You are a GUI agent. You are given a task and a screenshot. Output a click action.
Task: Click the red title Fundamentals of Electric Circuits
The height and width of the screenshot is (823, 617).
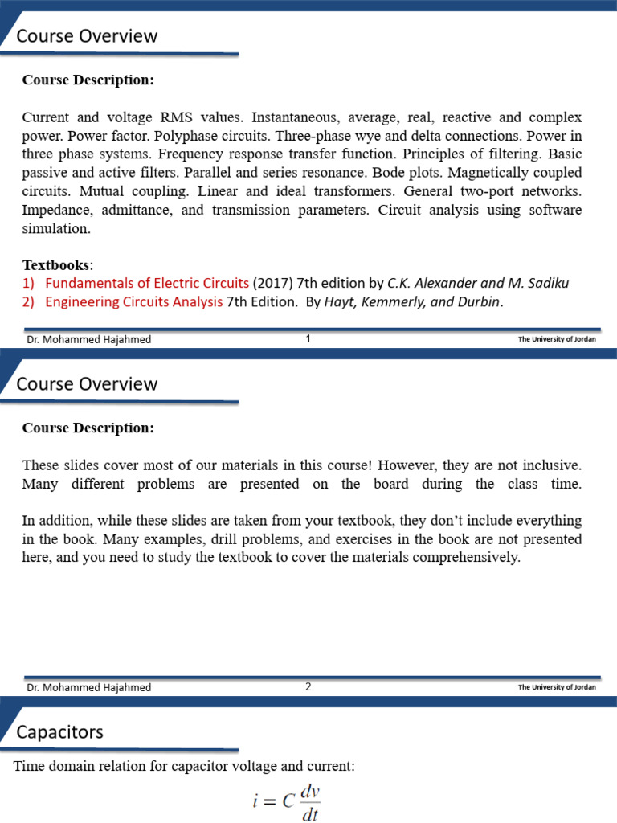147,283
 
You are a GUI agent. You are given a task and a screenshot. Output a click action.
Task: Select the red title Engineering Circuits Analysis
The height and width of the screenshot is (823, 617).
134,302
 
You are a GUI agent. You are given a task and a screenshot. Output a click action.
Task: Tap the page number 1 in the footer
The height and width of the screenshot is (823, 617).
308,339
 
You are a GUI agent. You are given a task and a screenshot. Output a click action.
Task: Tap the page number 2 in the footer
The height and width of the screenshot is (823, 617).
308,687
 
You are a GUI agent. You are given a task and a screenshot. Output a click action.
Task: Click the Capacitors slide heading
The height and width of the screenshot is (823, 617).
60,732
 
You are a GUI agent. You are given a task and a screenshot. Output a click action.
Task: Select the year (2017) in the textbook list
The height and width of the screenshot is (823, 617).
273,283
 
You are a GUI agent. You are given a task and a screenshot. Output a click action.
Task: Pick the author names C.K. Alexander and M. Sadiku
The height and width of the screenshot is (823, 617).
477,283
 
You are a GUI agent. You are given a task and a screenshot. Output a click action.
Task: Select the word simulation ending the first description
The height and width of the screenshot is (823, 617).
56,227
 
